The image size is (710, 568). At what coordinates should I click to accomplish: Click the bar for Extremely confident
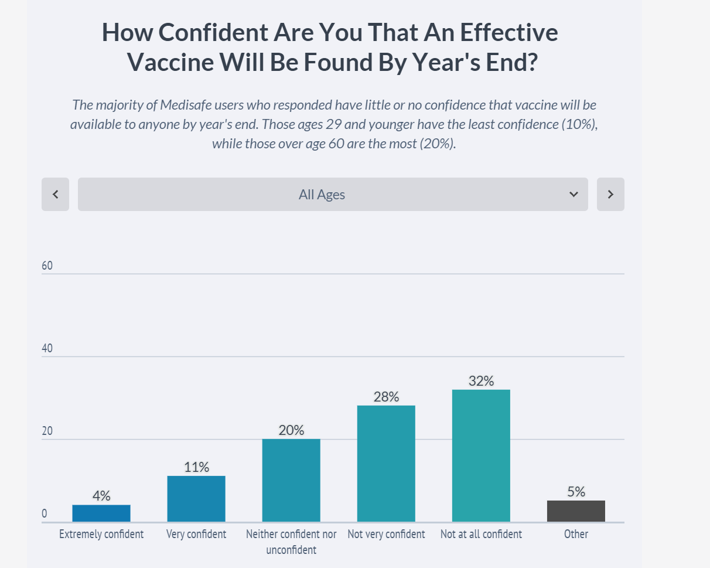[101, 513]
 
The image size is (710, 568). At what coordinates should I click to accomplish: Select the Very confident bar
[196, 498]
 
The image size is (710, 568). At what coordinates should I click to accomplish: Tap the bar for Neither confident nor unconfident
[291, 480]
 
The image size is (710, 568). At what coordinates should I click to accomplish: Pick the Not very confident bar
[386, 463]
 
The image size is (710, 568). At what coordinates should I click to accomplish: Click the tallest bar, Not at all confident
[481, 455]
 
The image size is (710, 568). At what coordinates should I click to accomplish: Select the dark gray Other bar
[576, 511]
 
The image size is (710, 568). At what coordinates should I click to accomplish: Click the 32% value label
[481, 381]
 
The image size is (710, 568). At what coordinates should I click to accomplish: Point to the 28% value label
[386, 397]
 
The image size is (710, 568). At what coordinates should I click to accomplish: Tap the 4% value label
[101, 496]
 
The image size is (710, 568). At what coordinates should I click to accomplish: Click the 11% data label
[196, 467]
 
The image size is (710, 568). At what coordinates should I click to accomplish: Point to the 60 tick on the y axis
[47, 266]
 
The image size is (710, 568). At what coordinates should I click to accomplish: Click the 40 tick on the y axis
[47, 348]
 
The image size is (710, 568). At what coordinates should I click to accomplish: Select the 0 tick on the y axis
[44, 514]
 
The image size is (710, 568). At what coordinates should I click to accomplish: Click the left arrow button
[56, 194]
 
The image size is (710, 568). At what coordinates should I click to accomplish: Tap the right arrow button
[610, 194]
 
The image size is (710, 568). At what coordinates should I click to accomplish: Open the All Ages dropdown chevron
[574, 194]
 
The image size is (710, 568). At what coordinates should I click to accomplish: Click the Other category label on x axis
[576, 534]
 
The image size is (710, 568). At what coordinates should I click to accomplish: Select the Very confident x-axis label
[196, 534]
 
